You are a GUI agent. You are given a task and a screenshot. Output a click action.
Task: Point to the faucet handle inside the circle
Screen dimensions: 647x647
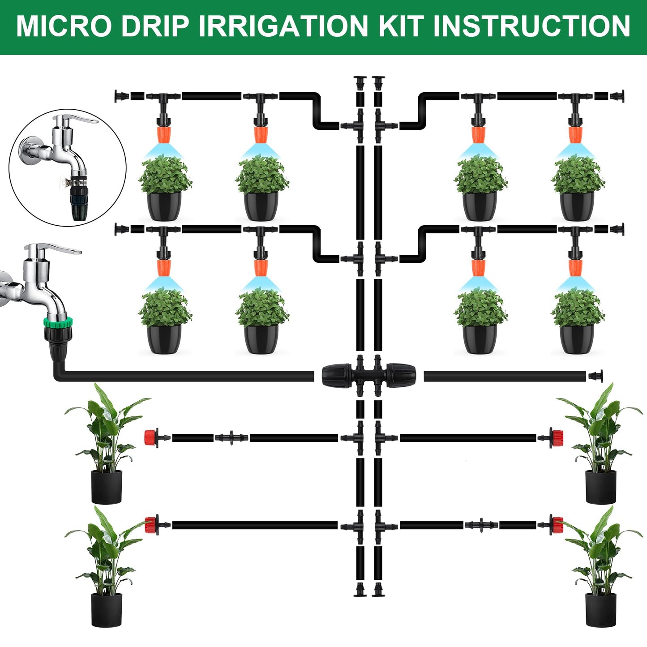[77, 120]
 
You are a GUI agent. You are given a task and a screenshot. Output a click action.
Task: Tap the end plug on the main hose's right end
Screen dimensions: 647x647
[595, 376]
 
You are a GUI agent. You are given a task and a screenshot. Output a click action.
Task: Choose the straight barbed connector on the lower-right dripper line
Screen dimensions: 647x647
[481, 525]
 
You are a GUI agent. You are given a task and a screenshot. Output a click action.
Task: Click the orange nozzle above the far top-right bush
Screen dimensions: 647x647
[575, 134]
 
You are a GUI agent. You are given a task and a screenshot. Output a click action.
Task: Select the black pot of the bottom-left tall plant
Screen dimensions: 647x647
[107, 609]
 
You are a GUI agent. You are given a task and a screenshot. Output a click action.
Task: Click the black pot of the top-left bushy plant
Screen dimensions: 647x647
[164, 206]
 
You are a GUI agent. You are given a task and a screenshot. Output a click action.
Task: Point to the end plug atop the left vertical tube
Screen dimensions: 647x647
[360, 82]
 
